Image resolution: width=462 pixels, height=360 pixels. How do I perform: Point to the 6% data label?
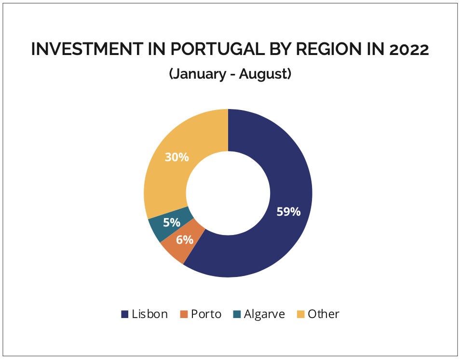(x=184, y=240)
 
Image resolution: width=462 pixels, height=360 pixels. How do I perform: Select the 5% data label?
(x=172, y=222)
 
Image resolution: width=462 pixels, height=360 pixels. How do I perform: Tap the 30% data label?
(x=177, y=157)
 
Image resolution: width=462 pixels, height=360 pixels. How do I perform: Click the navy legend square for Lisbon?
(x=125, y=314)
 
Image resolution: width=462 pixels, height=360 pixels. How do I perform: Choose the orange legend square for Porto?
(x=184, y=314)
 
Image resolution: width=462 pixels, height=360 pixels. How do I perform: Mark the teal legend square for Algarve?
(x=237, y=314)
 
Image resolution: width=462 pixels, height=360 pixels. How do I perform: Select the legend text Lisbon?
(x=149, y=314)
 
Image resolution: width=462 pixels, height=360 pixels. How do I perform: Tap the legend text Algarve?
(x=264, y=314)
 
